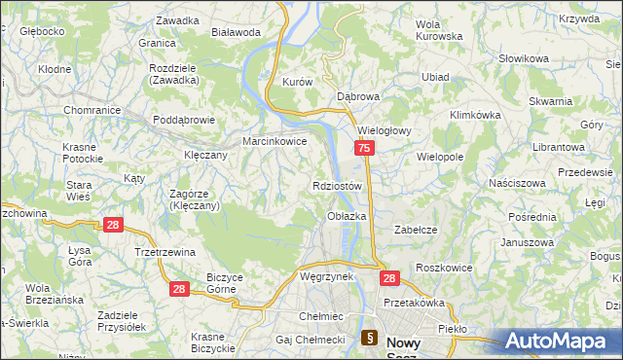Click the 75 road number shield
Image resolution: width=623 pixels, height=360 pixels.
(363, 148)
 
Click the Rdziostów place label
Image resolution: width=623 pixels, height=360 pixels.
(338, 186)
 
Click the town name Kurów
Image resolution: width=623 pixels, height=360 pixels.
(296, 83)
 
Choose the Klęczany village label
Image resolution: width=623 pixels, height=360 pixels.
(205, 155)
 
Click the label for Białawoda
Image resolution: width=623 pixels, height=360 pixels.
(237, 32)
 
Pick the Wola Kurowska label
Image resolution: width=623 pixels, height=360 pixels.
(438, 30)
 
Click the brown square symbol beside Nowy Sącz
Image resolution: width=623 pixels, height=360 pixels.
(370, 339)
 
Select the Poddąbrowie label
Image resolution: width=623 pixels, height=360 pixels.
(184, 120)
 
